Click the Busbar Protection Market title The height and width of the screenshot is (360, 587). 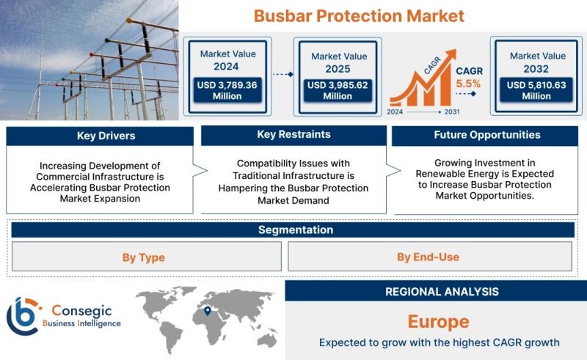(359, 16)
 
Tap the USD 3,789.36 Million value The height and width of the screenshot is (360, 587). (227, 90)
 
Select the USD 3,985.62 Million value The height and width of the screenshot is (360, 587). (338, 90)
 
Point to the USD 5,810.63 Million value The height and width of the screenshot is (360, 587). (536, 90)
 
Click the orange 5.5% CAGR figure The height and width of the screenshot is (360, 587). (468, 84)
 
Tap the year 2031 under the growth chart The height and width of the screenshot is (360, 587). (452, 111)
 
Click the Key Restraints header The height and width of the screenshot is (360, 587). (294, 135)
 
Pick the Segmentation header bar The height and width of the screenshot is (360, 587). (293, 229)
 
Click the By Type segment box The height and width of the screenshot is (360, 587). (146, 257)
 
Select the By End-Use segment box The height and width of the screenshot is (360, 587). (430, 257)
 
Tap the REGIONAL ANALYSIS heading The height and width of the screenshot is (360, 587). (442, 292)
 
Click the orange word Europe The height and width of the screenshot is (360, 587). (438, 322)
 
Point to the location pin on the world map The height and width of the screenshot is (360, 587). (208, 311)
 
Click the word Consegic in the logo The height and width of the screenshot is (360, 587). (81, 311)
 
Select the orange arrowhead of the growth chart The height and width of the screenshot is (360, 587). (451, 55)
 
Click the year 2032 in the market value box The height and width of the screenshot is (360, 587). (536, 69)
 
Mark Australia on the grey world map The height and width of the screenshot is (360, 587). (267, 340)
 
